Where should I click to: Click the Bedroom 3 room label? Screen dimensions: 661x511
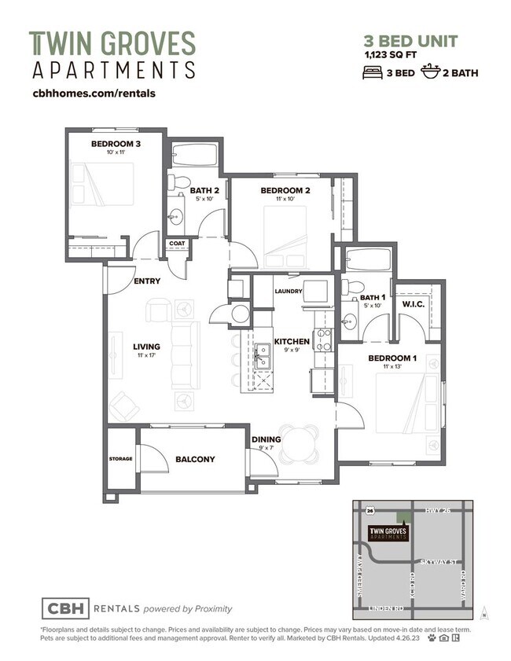tap(116, 144)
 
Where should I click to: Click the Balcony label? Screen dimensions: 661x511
tap(195, 459)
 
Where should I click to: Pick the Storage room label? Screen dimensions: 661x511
tap(121, 459)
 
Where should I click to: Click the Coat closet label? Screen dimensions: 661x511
tap(176, 244)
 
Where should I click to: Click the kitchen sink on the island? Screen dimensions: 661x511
tap(262, 361)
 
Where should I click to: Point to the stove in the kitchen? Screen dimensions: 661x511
tap(322, 340)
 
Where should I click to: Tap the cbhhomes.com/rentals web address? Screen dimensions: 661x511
tap(94, 93)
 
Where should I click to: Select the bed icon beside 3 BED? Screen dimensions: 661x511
tap(372, 73)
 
